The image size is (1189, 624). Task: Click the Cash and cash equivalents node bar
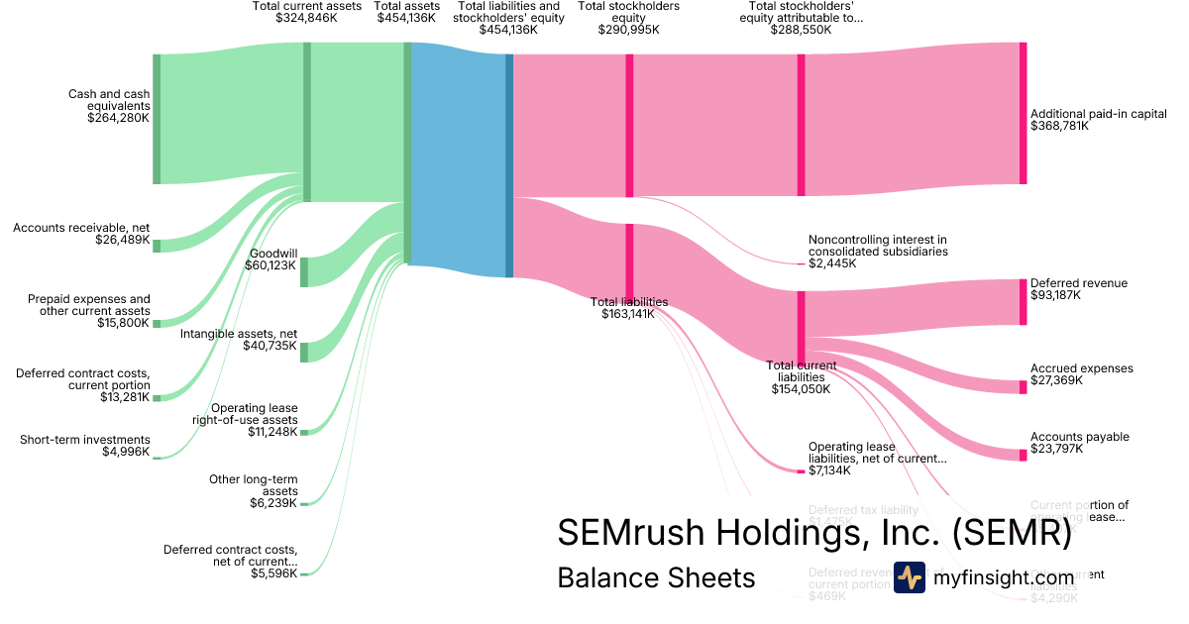(x=157, y=119)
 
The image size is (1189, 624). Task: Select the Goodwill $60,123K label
(x=272, y=260)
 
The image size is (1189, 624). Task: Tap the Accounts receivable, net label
(x=81, y=234)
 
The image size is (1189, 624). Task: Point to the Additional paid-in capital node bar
(x=1023, y=113)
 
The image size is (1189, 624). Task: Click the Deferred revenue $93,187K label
(x=1079, y=289)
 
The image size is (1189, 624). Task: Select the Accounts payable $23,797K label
(x=1079, y=443)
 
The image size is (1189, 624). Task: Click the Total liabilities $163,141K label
(x=629, y=308)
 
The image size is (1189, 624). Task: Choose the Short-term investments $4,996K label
(x=85, y=446)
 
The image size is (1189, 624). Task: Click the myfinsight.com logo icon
(x=909, y=577)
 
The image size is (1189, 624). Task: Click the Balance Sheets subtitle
(x=656, y=577)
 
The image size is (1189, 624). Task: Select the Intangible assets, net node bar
(x=304, y=352)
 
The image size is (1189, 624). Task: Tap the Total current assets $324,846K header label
(x=306, y=12)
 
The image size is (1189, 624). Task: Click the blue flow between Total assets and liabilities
(x=458, y=158)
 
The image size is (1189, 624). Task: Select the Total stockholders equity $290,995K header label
(x=628, y=18)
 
